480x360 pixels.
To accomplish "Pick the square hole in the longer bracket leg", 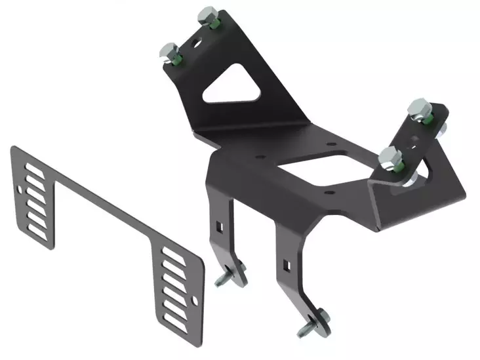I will point(286,265).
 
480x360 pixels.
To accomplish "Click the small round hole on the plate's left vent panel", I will point(24,191).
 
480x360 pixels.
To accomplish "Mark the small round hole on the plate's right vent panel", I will point(195,300).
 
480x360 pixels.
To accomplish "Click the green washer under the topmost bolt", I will point(213,24).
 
